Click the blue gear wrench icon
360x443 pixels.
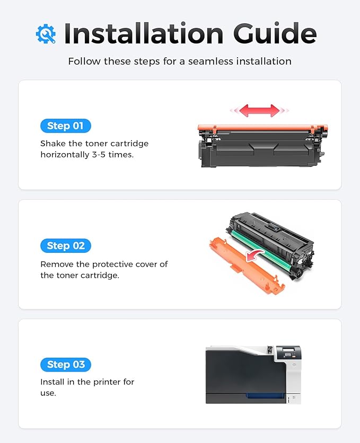(x=46, y=34)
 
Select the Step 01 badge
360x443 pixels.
(x=65, y=126)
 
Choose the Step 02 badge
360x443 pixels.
(x=65, y=245)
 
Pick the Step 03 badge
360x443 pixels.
(x=65, y=365)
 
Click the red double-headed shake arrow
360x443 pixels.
(x=259, y=111)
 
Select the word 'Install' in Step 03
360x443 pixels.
(x=52, y=382)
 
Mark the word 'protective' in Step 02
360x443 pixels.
(x=116, y=264)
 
